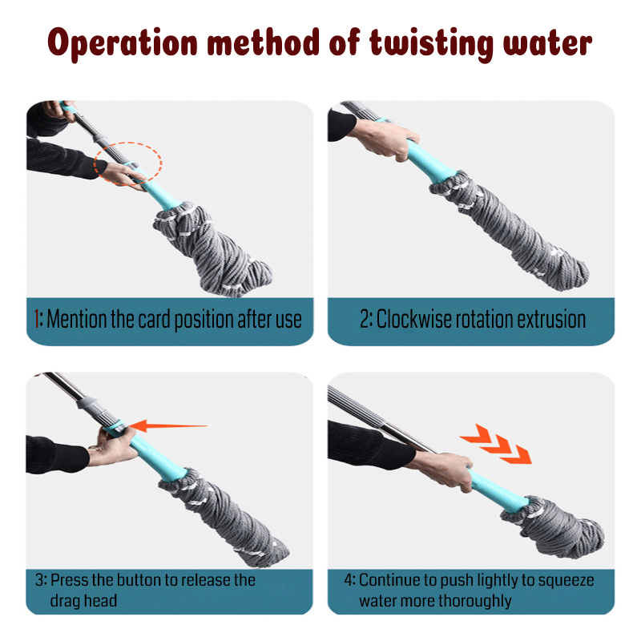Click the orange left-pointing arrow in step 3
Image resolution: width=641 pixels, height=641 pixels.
click(x=169, y=425)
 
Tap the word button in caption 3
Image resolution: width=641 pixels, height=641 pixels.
click(x=146, y=579)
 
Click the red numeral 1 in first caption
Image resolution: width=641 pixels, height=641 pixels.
click(x=38, y=320)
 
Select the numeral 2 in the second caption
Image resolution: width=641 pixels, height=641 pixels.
click(x=365, y=319)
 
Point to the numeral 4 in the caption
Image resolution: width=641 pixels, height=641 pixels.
click(x=349, y=579)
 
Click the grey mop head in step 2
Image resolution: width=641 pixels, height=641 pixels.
click(x=513, y=232)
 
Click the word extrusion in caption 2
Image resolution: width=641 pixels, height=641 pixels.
click(x=546, y=319)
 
